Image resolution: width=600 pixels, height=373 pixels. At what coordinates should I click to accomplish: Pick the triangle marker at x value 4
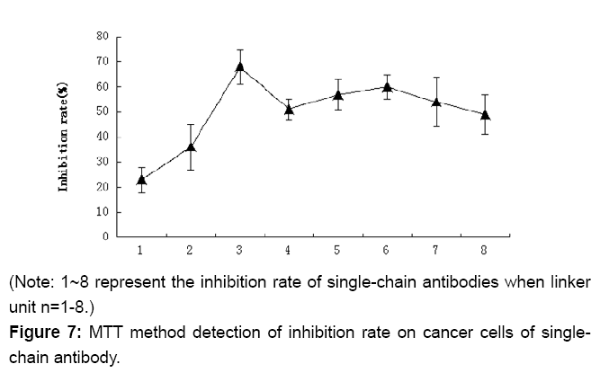(x=289, y=110)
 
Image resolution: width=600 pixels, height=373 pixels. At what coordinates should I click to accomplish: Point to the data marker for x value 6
(x=387, y=87)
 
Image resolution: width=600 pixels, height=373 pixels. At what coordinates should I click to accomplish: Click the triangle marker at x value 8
(x=486, y=115)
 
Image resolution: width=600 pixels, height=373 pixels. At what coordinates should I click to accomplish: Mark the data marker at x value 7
(x=436, y=102)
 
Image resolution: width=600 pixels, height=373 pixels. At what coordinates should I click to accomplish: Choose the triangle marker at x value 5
(x=338, y=94)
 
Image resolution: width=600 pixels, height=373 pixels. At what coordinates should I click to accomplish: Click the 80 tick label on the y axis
(x=103, y=37)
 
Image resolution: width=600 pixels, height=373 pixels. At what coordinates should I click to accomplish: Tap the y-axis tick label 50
(x=103, y=112)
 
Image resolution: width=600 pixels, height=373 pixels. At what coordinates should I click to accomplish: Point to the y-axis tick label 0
(x=106, y=237)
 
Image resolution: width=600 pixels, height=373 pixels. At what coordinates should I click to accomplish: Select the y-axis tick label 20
(x=103, y=187)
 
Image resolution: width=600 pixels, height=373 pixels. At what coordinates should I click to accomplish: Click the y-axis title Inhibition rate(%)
(x=64, y=137)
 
